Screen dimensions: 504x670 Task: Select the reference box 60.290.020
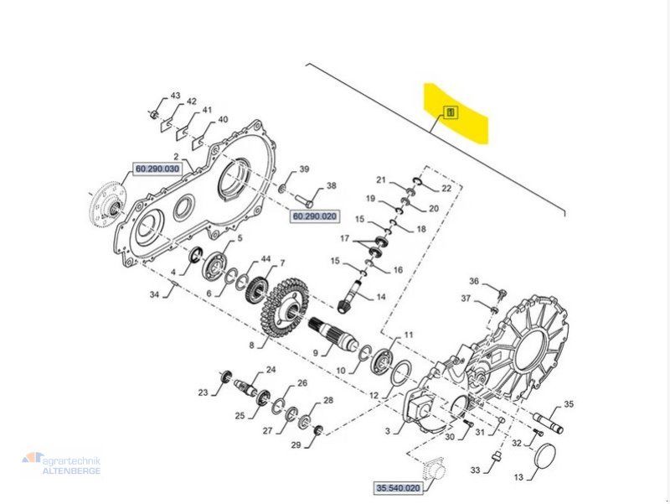(x=315, y=216)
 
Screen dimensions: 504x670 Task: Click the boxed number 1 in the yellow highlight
(x=450, y=112)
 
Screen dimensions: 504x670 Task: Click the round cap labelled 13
(x=548, y=460)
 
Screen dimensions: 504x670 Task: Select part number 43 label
(x=175, y=96)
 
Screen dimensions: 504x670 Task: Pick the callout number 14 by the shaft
(x=380, y=298)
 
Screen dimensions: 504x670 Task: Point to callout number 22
(x=446, y=188)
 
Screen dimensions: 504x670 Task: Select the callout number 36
(x=473, y=282)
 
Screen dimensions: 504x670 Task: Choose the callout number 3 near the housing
(x=388, y=431)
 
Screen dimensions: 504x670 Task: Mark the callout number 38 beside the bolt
(x=331, y=186)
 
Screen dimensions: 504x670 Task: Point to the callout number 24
(x=271, y=369)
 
